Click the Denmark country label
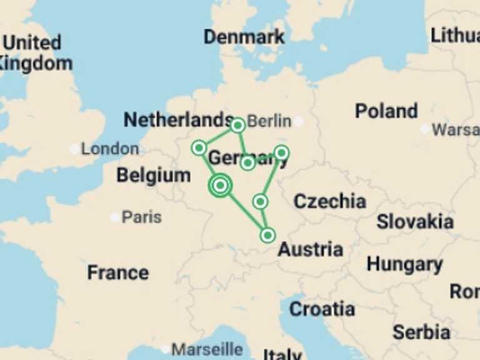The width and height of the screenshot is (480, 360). (244, 37)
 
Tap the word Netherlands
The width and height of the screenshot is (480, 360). (178, 119)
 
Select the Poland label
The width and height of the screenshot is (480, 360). (386, 111)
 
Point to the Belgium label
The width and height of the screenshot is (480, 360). (153, 176)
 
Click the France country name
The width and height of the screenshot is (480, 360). (117, 272)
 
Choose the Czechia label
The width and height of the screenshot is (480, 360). (329, 201)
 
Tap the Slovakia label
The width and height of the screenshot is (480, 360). (415, 222)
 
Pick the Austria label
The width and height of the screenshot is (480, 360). (310, 249)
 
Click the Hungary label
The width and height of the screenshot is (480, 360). (404, 264)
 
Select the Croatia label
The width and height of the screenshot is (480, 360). (322, 309)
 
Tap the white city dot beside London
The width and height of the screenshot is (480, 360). (75, 149)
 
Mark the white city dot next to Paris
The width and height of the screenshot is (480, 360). (115, 217)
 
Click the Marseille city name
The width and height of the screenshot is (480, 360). (207, 349)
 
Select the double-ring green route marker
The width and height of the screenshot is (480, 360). (220, 185)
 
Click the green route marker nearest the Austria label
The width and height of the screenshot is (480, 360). (267, 235)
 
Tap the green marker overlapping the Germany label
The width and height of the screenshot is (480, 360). (247, 162)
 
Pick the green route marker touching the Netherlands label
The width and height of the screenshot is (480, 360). (237, 125)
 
